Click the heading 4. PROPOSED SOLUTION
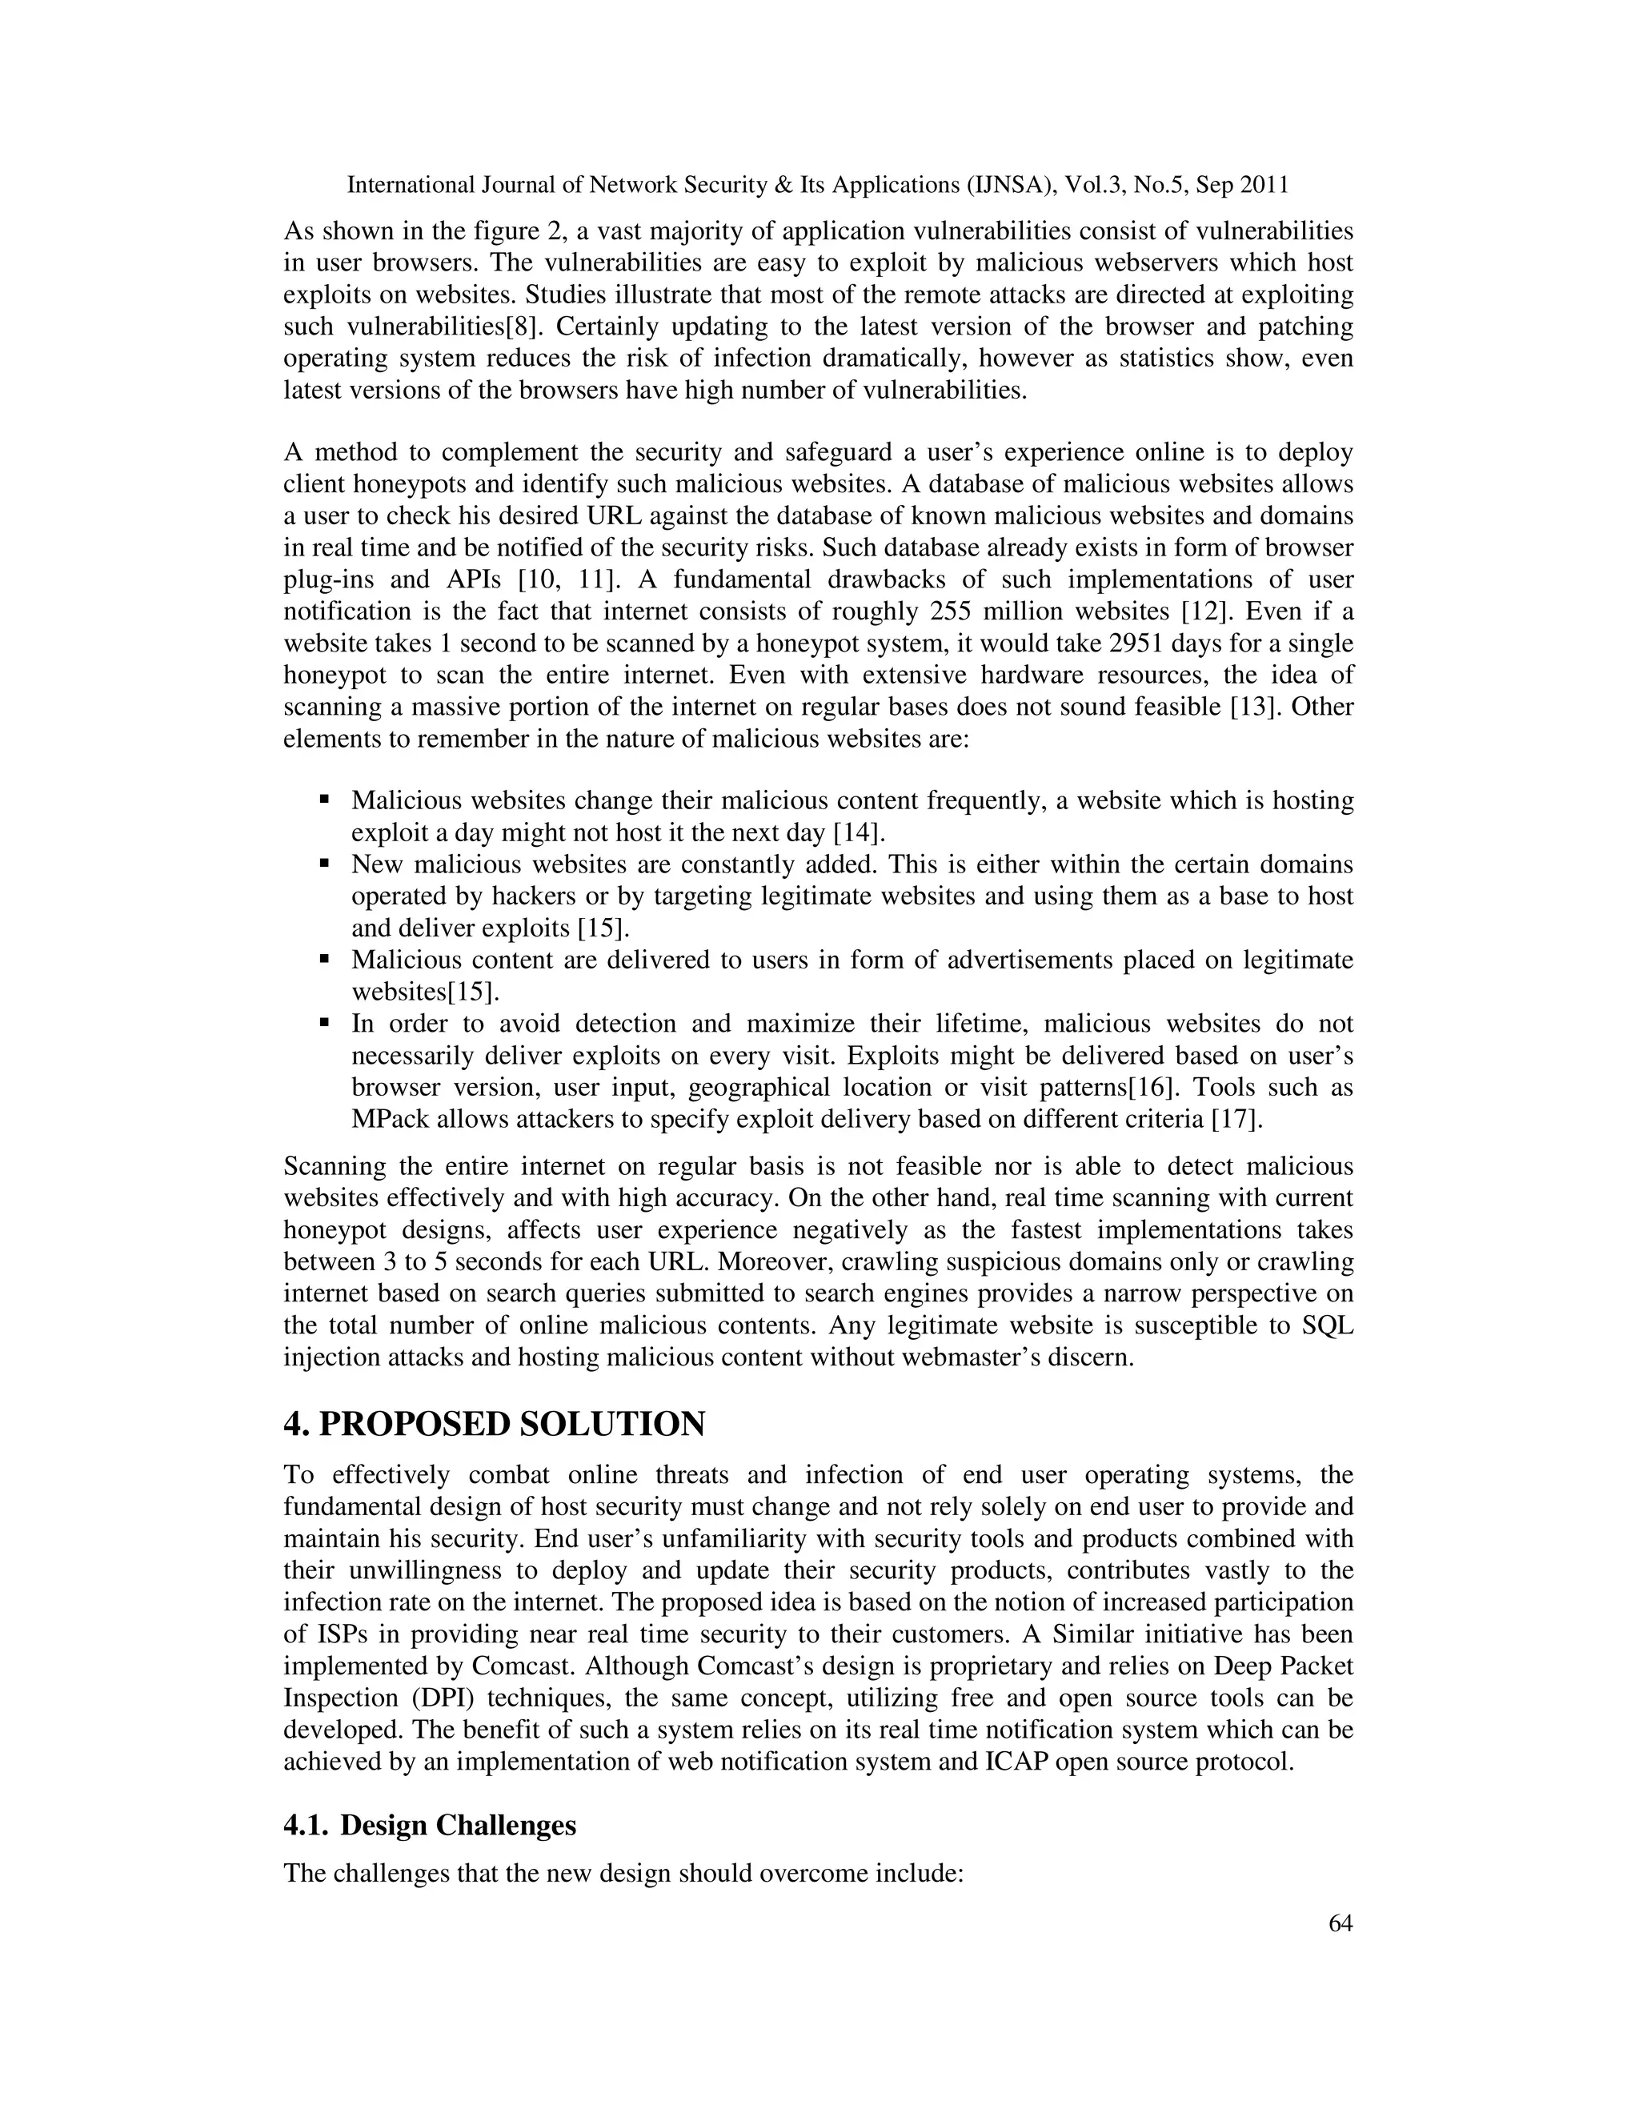(495, 1425)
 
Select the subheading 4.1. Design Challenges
(429, 1825)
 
